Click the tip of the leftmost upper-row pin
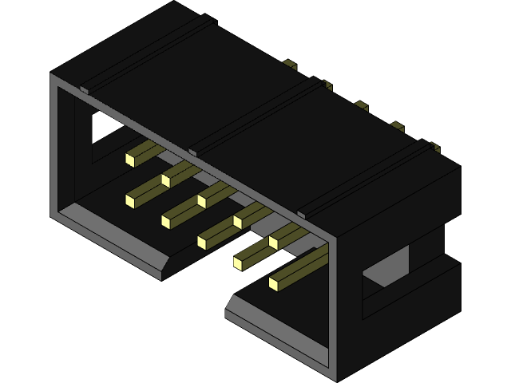click(x=130, y=159)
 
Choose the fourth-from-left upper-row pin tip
click(x=239, y=219)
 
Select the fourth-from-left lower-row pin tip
click(x=239, y=260)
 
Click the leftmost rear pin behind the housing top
click(x=290, y=64)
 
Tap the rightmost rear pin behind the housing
click(x=434, y=147)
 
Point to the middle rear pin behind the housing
click(x=361, y=105)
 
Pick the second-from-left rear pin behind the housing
click(x=326, y=85)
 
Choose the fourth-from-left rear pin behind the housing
click(x=397, y=126)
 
